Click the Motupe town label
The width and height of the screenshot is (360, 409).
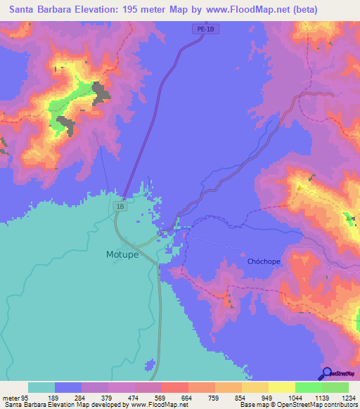click(x=122, y=254)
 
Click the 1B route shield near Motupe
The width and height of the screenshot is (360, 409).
click(x=120, y=207)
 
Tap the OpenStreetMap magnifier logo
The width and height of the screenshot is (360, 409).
click(x=326, y=373)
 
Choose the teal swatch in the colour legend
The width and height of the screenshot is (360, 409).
click(x=41, y=387)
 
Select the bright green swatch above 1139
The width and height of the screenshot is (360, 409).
click(x=309, y=387)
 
